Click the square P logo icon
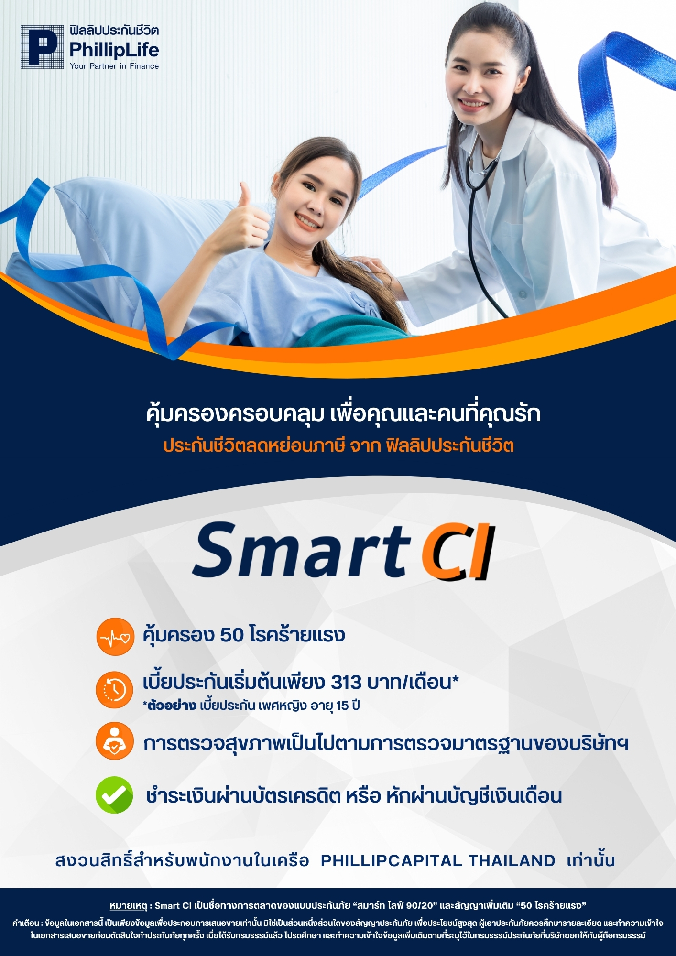pyautogui.click(x=42, y=47)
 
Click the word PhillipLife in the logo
pyautogui.click(x=114, y=50)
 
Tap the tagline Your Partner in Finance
pyautogui.click(x=114, y=66)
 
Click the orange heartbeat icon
pyautogui.click(x=115, y=636)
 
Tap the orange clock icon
pyautogui.click(x=114, y=689)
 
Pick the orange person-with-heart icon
pyautogui.click(x=114, y=741)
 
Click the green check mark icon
pyautogui.click(x=114, y=795)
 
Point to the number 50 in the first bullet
pyautogui.click(x=232, y=635)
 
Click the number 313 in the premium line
pyautogui.click(x=346, y=682)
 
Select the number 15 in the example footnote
pyautogui.click(x=342, y=706)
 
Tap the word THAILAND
pyautogui.click(x=512, y=860)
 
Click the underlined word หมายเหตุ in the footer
pyautogui.click(x=128, y=905)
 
